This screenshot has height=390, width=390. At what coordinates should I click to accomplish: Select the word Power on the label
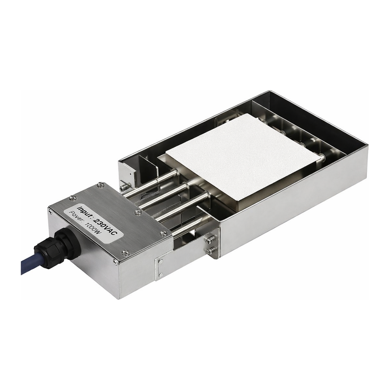coord(77,216)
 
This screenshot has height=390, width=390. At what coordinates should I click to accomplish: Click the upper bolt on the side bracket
coord(210,240)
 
